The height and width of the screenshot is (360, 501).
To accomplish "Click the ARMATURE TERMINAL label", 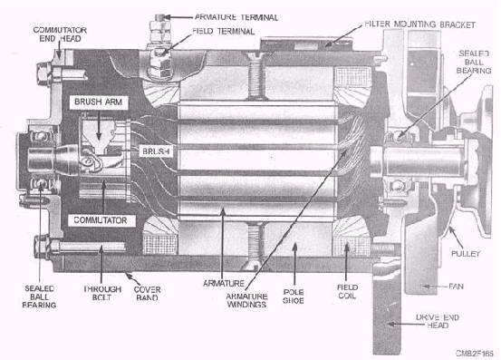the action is (236, 17).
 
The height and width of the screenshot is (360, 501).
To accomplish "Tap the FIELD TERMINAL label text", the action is (224, 32).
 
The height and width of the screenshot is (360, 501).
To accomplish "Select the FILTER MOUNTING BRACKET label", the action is (419, 24).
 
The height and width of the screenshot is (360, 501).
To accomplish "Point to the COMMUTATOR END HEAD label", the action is (60, 34).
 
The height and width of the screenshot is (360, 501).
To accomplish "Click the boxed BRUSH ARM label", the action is (99, 102).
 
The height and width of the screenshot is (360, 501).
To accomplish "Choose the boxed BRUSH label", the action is (156, 151).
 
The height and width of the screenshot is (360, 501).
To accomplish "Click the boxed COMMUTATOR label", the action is (101, 220).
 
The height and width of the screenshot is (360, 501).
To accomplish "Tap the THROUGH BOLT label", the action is (102, 293).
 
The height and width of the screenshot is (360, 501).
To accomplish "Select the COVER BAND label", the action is (147, 294).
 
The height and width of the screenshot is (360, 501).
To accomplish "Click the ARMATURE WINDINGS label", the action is (246, 300).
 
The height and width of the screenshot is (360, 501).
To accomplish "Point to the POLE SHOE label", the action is (294, 297).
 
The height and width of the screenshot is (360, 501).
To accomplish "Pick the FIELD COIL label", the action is (347, 292).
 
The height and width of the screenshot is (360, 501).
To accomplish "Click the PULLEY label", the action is (466, 254).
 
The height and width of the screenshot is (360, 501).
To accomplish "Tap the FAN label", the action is (456, 287).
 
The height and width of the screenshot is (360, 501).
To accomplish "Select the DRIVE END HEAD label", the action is (438, 321).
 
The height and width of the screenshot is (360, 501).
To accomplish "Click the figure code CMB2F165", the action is (475, 354).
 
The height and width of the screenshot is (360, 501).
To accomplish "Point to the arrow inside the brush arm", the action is (99, 125).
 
